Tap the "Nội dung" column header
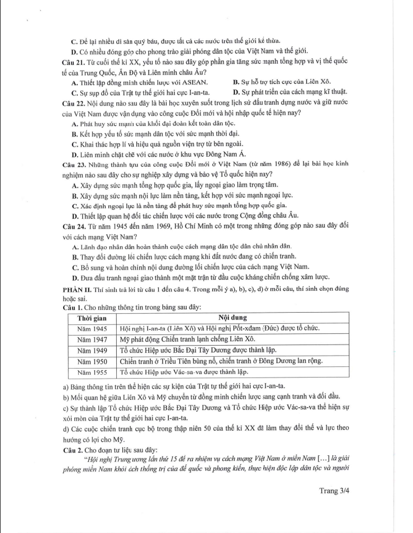[x=232, y=318]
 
